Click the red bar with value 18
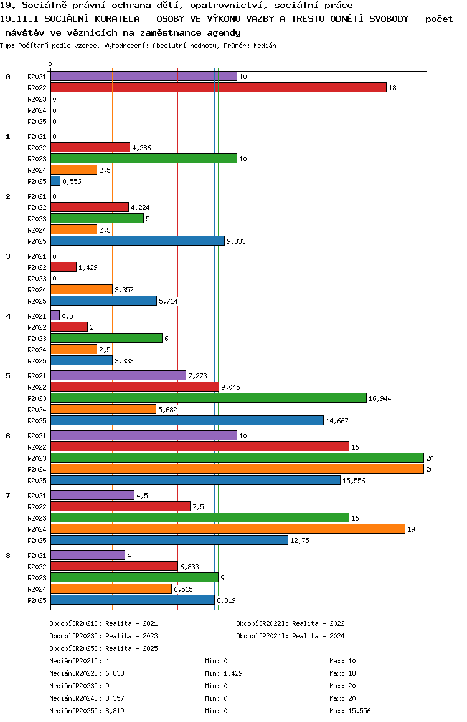pos(218,88)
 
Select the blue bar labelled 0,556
pos(55,181)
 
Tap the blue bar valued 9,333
pos(137,241)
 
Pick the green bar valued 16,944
pos(208,398)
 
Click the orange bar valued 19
pos(227,529)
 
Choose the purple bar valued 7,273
pos(118,375)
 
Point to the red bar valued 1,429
pos(63,267)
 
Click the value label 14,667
pos(337,421)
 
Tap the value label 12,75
pos(300,541)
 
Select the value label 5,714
pos(168,301)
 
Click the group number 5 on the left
pos(8,376)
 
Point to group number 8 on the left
pos(8,556)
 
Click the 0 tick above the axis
pos(50,64)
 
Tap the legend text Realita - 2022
pos(318,623)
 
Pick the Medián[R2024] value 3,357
pos(116,698)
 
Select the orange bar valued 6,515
pos(111,589)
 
